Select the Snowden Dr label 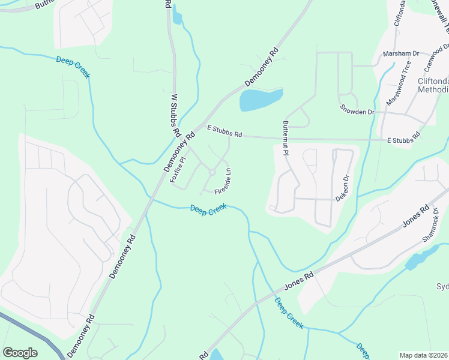pos(357,111)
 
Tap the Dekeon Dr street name pos(343,188)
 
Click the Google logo pos(20,353)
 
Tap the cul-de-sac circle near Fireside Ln pos(211,173)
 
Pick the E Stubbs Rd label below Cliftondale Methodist pos(404,140)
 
